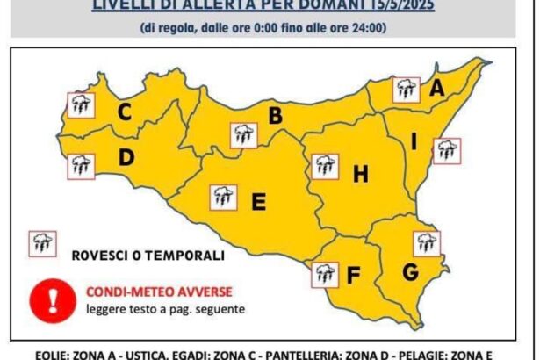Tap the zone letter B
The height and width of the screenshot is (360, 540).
tap(275, 115)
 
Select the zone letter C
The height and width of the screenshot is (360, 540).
tap(125, 112)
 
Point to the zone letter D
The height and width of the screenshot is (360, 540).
tap(126, 158)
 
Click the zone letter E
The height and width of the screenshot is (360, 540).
tap(258, 202)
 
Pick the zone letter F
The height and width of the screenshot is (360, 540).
tap(353, 276)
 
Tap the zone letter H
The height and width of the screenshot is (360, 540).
tap(359, 175)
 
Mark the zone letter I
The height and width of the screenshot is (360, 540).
tap(414, 140)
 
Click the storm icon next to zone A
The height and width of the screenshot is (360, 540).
tap(406, 90)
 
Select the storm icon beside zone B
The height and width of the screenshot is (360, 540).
tap(243, 135)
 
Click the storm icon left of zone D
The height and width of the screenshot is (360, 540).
tap(82, 164)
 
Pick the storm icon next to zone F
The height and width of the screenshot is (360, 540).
tap(325, 275)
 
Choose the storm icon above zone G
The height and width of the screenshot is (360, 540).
tap(427, 242)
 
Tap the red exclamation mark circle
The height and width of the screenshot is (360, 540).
tap(53, 299)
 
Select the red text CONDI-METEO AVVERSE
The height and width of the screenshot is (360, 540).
tap(147, 292)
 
